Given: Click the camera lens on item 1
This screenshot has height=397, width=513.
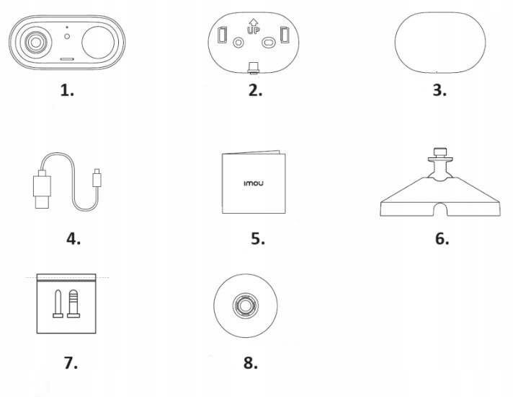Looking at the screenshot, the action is pyautogui.click(x=35, y=42).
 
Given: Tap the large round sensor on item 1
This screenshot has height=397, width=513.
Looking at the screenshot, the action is pyautogui.click(x=98, y=43).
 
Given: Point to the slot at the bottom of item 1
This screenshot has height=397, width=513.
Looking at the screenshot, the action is pyautogui.click(x=67, y=59).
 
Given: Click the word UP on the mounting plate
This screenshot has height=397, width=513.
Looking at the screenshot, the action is pyautogui.click(x=253, y=30).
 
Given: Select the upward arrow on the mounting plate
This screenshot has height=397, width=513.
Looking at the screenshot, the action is pyautogui.click(x=253, y=22).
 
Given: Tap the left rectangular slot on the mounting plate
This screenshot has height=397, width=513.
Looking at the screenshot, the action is pyautogui.click(x=222, y=35).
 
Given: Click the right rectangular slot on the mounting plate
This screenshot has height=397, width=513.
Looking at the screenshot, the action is pyautogui.click(x=285, y=35).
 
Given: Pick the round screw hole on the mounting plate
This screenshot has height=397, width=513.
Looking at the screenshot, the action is pyautogui.click(x=238, y=43).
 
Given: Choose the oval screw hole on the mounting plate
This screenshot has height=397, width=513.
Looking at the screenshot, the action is pyautogui.click(x=269, y=43).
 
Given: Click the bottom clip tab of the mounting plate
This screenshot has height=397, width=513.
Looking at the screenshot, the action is pyautogui.click(x=254, y=67).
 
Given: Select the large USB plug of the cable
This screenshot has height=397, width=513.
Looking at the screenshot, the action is pyautogui.click(x=43, y=189).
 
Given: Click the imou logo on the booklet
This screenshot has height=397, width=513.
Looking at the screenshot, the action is pyautogui.click(x=254, y=183).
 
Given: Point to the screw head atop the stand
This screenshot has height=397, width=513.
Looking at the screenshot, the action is pyautogui.click(x=440, y=152).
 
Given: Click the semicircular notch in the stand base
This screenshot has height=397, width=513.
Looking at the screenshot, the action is pyautogui.click(x=440, y=210).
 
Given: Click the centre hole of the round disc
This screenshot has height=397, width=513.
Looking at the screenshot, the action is pyautogui.click(x=245, y=305).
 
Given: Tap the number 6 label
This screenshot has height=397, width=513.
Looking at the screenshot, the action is pyautogui.click(x=442, y=238).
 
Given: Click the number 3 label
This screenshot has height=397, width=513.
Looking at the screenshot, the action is pyautogui.click(x=440, y=90).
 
